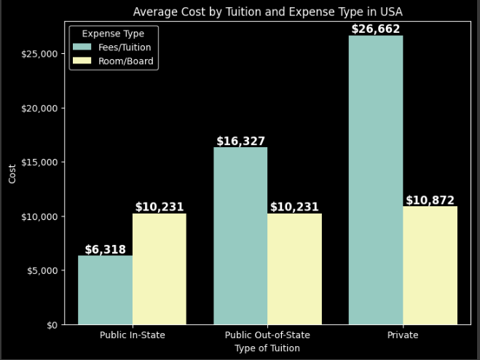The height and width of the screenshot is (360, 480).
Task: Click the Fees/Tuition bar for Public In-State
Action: click(x=105, y=290)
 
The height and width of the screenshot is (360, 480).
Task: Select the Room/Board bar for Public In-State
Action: click(x=159, y=269)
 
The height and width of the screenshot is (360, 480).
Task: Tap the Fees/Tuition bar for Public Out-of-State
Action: click(x=240, y=236)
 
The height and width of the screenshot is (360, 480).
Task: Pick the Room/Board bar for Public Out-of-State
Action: click(x=294, y=269)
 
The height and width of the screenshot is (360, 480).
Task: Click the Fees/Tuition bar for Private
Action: click(x=376, y=180)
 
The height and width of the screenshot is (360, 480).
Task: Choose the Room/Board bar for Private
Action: click(x=430, y=265)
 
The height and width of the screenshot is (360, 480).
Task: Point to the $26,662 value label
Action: click(x=376, y=29)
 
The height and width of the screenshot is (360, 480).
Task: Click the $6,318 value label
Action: click(x=105, y=249)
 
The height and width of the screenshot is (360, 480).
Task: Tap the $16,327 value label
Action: click(x=240, y=141)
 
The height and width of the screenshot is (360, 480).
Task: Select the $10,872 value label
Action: click(x=430, y=200)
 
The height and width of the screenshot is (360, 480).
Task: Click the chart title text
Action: click(x=267, y=12)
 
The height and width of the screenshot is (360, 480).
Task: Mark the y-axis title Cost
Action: click(x=12, y=173)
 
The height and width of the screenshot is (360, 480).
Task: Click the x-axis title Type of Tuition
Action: click(x=267, y=348)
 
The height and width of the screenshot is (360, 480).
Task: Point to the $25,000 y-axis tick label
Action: click(x=39, y=54)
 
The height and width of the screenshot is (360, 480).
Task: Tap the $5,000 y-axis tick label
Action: click(x=42, y=270)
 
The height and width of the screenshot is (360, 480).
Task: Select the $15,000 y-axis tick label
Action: click(x=39, y=162)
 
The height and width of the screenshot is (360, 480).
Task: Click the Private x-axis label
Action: click(x=403, y=335)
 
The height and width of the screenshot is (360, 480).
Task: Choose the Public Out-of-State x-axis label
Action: click(x=267, y=335)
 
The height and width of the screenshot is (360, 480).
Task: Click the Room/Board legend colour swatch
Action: click(x=82, y=61)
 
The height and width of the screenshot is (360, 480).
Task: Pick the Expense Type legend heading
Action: click(x=113, y=34)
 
